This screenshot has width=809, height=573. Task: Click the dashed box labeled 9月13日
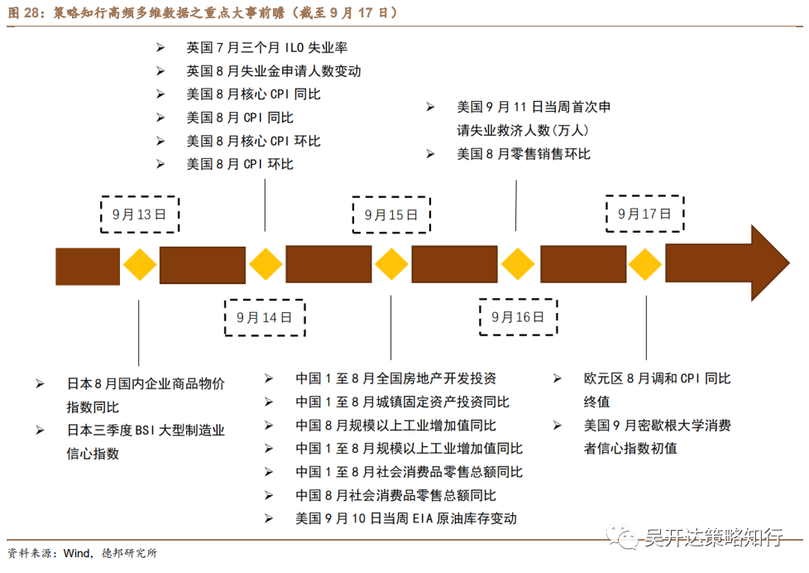(x=139, y=214)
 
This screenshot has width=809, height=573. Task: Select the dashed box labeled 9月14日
(x=264, y=316)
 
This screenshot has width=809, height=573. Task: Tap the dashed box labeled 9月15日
(x=390, y=214)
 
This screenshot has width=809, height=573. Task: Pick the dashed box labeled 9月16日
(x=518, y=316)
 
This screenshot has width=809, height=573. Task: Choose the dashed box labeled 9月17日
(x=644, y=214)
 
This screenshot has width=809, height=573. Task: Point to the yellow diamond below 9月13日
(x=140, y=265)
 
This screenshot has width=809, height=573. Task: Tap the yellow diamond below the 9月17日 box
(x=644, y=265)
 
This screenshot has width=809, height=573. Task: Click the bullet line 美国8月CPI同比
(x=240, y=118)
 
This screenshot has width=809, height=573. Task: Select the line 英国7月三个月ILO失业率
(x=266, y=48)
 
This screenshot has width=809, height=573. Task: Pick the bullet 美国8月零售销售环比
(x=524, y=154)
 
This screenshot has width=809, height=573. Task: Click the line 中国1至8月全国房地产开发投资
(x=395, y=378)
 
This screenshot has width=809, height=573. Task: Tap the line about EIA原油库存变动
(x=405, y=518)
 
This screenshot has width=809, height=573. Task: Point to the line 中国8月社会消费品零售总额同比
(x=395, y=495)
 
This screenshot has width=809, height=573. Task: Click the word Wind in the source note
(x=76, y=553)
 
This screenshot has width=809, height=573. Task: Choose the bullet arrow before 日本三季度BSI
(x=40, y=430)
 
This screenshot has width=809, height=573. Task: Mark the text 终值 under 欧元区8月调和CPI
(x=596, y=402)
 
